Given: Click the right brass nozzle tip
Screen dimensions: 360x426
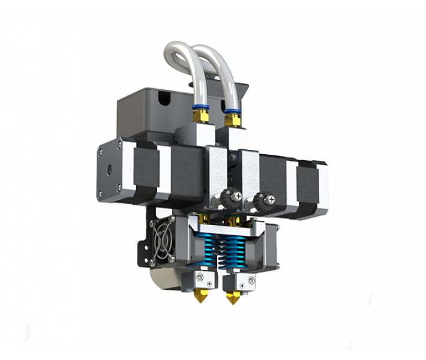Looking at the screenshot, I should (232, 297).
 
